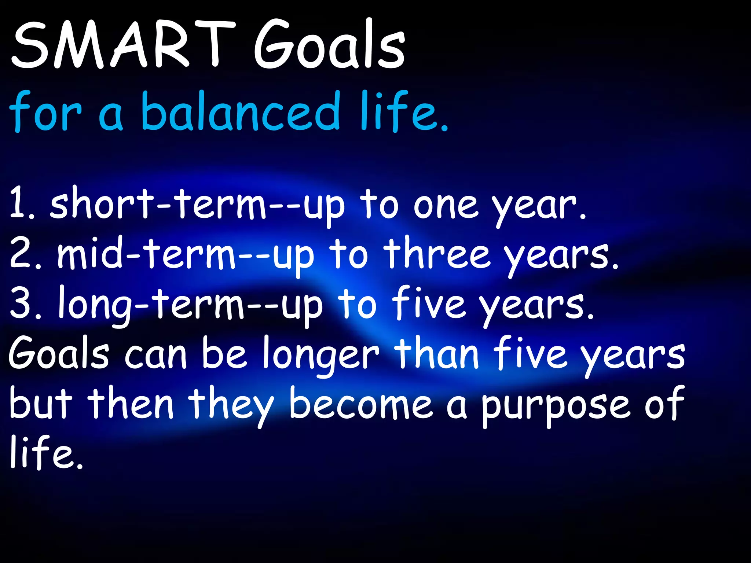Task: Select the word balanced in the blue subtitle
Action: pos(241,112)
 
